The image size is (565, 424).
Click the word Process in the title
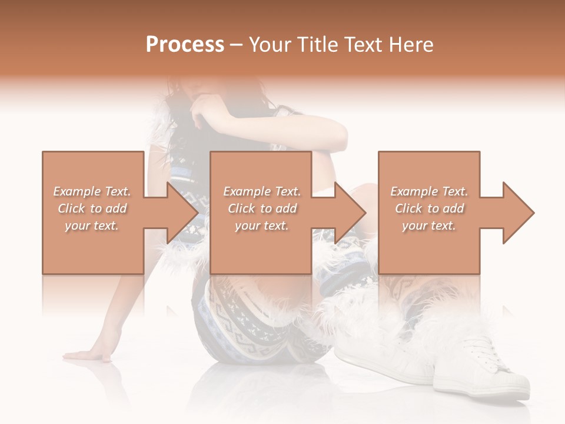(185, 44)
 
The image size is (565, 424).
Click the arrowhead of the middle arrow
(351, 213)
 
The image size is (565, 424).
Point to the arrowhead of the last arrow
(519, 213)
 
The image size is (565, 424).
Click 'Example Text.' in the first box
(92, 191)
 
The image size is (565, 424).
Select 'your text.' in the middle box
(261, 226)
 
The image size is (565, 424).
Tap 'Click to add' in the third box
(430, 208)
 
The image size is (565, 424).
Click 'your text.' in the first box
(92, 226)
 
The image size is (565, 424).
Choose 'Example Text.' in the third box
(430, 191)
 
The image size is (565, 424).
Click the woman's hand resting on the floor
(88, 355)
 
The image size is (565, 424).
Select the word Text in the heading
(364, 44)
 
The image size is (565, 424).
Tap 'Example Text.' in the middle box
(261, 191)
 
